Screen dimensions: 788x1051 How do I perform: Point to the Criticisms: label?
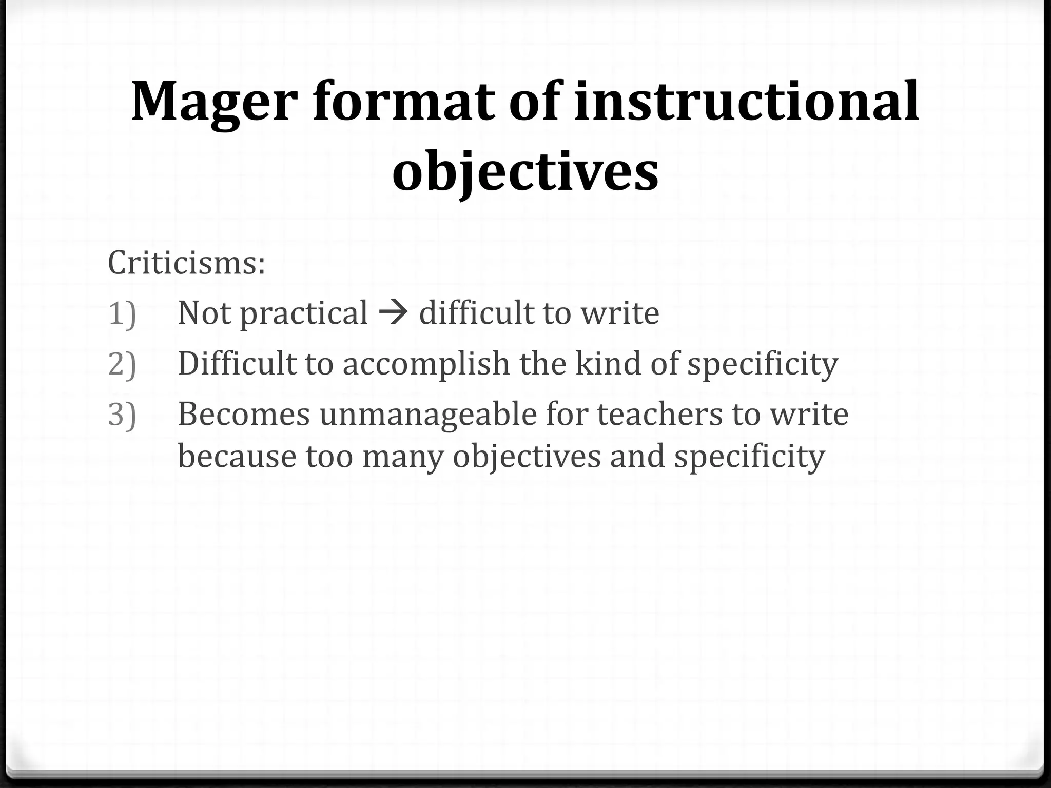click(x=186, y=262)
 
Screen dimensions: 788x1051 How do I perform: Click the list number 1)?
click(x=122, y=313)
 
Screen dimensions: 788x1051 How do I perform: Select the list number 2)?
click(x=122, y=363)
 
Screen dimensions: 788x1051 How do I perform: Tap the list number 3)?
click(x=122, y=413)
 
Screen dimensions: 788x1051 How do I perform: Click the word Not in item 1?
click(x=204, y=312)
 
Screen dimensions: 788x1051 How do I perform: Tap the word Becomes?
click(x=244, y=413)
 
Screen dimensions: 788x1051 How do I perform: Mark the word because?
click(x=237, y=456)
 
